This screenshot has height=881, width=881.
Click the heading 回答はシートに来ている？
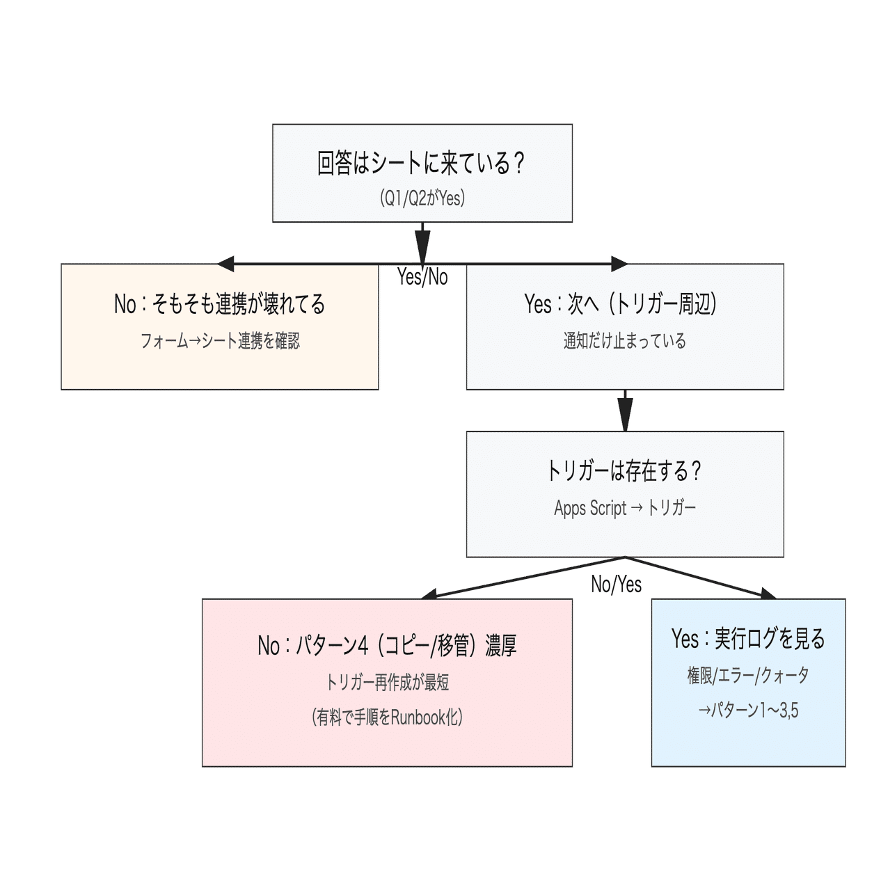pos(422,164)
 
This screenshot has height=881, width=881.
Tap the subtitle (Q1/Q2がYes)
pos(422,198)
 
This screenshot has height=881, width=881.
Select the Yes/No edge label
pos(422,277)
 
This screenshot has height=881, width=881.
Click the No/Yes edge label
pos(616,584)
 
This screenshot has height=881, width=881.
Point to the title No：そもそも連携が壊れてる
pos(219,304)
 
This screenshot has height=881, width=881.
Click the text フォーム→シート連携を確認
pos(219,341)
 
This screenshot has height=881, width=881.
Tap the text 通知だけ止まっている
pos(624,341)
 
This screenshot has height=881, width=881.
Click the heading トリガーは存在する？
pos(624,471)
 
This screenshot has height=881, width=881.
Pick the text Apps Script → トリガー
pos(624,508)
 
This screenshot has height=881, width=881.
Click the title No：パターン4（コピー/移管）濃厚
pos(387,646)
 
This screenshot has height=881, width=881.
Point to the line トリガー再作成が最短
pos(387,682)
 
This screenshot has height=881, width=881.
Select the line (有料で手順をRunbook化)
pos(387,717)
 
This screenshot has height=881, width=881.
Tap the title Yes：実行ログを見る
pos(748,638)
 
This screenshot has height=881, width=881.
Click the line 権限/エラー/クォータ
pos(748,675)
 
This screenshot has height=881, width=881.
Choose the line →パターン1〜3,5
pos(748,711)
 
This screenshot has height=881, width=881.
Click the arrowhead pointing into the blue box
pos(768,594)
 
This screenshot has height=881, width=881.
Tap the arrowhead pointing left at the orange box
pos(225,264)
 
